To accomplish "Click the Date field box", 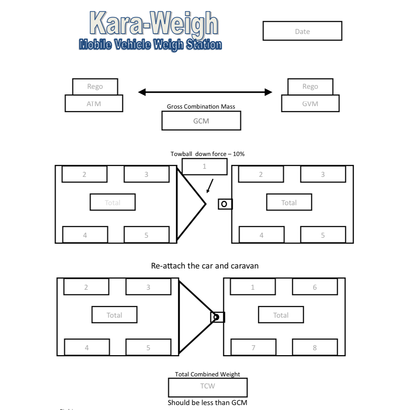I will coord(302,31).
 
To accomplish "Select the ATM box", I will coord(94,104).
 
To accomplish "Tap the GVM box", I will coord(310,104).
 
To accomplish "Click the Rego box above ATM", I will coord(95,87).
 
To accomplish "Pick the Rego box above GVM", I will coord(310,87).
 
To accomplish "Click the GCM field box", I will coord(201,121).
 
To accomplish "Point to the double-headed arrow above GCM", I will coord(205,92).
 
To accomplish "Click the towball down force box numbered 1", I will coord(204,167).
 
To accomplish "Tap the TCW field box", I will coord(208,387).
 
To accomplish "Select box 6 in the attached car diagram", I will coord(315,287).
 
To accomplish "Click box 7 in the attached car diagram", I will coord(253,347).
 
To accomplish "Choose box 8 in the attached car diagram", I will coord(315,347).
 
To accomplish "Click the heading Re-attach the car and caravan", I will coord(204,266).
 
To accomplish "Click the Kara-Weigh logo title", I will coord(154,23).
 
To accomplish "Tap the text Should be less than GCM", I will coord(207,403).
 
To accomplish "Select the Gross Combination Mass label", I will coord(201,106).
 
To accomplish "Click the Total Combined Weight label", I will coord(207,374).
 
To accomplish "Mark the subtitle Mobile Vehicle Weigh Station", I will coord(150,45).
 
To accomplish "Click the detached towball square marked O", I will coord(224,204).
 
